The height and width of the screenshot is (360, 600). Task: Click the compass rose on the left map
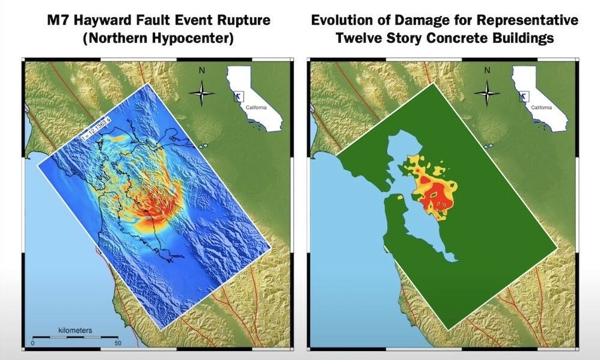(203, 93)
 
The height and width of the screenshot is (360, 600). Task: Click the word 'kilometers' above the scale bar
(75, 330)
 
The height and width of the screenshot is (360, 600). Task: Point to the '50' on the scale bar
(117, 343)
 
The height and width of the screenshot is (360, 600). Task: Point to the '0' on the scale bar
(33, 343)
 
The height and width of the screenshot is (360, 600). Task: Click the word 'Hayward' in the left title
(115, 20)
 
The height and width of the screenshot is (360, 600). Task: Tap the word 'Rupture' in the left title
(245, 20)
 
